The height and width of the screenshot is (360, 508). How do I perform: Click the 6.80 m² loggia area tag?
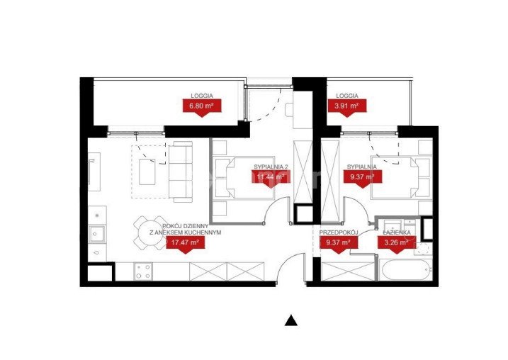[x=202, y=106]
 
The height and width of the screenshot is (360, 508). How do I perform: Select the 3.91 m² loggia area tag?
[x=347, y=106]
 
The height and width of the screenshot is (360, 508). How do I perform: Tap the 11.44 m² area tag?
[x=271, y=178]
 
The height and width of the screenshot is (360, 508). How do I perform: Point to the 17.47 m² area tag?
[x=186, y=242]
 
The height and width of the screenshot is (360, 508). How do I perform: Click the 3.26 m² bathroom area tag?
[x=397, y=242]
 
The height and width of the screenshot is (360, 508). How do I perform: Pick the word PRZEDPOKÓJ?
[x=338, y=232]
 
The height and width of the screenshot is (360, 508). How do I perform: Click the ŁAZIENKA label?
[x=397, y=232]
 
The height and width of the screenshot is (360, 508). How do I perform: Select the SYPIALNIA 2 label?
[x=271, y=167]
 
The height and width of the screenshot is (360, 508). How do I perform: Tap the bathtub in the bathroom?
[x=405, y=269]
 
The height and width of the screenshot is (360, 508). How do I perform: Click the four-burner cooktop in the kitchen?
[x=144, y=271]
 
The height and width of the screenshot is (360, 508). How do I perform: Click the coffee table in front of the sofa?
[x=147, y=171]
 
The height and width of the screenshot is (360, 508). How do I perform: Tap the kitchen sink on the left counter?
[x=97, y=233]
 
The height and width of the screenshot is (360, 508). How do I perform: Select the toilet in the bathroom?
[x=422, y=248]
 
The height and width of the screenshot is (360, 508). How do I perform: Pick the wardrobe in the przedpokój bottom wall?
[x=348, y=271]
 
